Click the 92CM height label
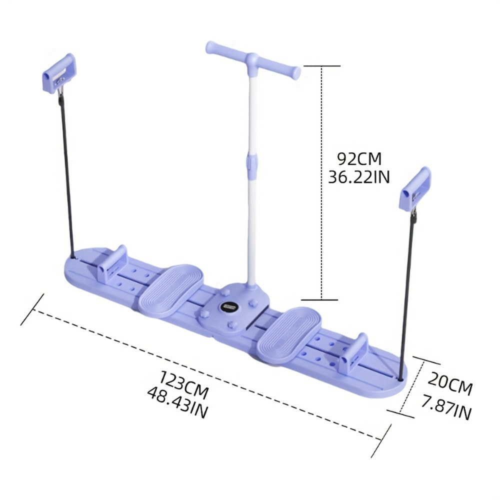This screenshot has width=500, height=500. (x=358, y=159)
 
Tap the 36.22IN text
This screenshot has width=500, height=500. (x=358, y=177)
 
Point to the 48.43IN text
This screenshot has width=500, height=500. (x=177, y=403)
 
